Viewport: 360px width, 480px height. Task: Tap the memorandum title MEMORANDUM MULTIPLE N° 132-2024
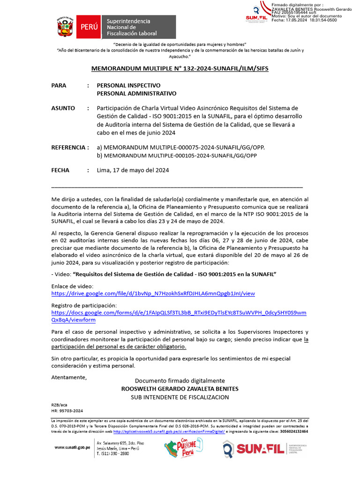click(180, 68)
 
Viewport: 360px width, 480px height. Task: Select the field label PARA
click(59, 86)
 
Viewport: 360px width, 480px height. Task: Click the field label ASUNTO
click(63, 108)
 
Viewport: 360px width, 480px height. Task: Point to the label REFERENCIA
click(69, 148)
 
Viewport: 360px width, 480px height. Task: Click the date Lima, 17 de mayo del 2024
click(133, 170)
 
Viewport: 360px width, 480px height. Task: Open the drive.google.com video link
click(153, 293)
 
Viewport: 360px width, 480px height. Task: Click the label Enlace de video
click(72, 286)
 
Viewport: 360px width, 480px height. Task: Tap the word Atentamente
click(69, 377)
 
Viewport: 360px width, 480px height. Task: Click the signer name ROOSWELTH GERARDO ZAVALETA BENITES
click(180, 389)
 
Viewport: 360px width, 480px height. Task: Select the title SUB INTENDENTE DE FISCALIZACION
click(180, 397)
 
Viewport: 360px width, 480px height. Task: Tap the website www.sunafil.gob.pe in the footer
click(72, 448)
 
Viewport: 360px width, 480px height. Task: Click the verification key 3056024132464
click(293, 431)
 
